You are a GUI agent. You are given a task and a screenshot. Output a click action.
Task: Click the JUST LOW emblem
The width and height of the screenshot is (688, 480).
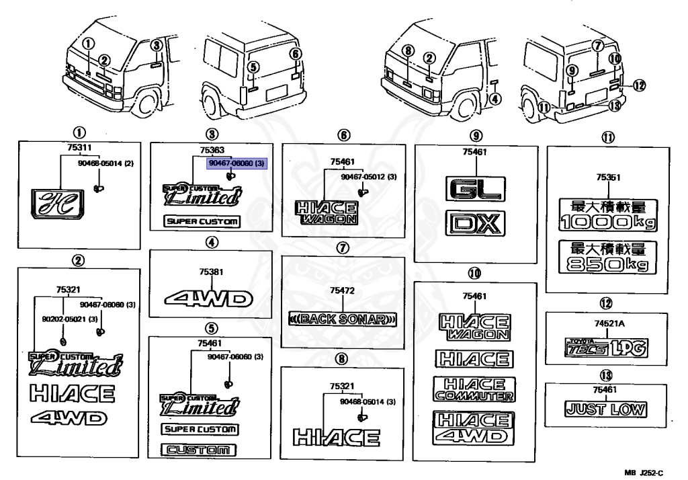coord(606,409)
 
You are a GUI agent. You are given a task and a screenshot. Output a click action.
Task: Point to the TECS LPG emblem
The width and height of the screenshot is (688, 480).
coord(605,348)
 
